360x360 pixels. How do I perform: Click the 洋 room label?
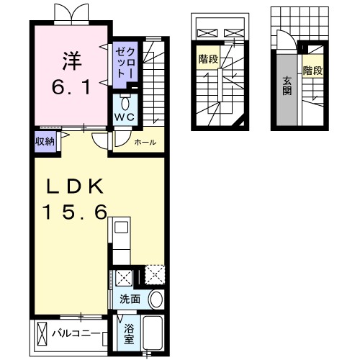[x=72, y=61]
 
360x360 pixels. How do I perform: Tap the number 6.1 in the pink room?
[x=71, y=87]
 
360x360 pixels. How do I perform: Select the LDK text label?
[x=75, y=186]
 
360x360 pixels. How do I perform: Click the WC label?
[x=125, y=117]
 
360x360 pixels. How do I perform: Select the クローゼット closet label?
[x=125, y=63]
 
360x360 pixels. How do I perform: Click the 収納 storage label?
[x=45, y=142]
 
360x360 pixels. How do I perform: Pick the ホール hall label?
[x=145, y=143]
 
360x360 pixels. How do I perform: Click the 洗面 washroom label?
[x=130, y=300]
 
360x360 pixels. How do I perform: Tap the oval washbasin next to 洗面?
[x=156, y=300]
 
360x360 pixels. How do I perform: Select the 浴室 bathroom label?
[x=129, y=334]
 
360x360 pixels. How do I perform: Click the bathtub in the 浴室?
[x=153, y=333]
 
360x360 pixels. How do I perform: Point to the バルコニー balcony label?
[x=76, y=333]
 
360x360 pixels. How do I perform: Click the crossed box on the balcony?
[x=42, y=334]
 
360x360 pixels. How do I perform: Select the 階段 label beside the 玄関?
[x=312, y=71]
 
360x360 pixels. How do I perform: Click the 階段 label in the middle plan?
[x=208, y=59]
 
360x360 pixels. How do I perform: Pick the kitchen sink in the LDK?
[x=121, y=227]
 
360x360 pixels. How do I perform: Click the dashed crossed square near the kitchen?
[x=155, y=275]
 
